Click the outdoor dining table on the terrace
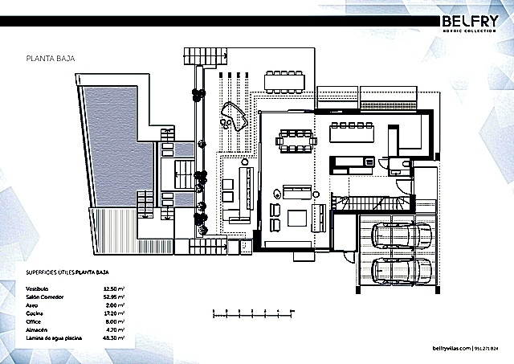tap(287, 80)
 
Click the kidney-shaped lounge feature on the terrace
tap(234, 118)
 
